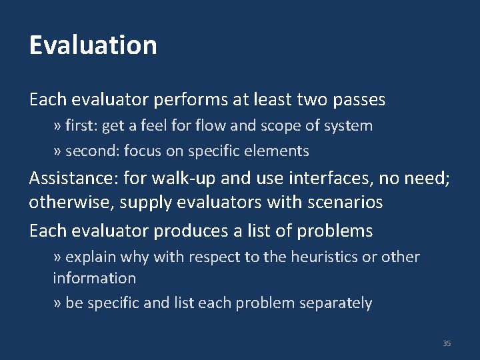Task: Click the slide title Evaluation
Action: click(x=93, y=45)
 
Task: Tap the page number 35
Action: click(x=447, y=343)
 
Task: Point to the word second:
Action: click(x=91, y=151)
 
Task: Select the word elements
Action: click(x=281, y=151)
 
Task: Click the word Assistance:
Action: click(x=74, y=179)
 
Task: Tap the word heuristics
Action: click(x=325, y=257)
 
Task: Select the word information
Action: click(x=94, y=278)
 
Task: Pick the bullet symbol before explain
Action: click(x=57, y=257)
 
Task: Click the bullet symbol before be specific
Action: click(x=57, y=304)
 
